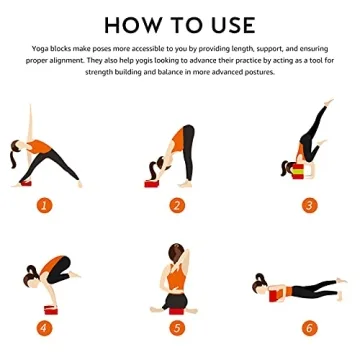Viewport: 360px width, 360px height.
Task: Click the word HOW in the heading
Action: pos(134,24)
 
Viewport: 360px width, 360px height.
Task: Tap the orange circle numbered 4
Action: pos(44,326)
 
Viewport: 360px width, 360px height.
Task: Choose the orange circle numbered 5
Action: pos(177,326)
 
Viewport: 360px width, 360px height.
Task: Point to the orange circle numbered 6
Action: pos(310,326)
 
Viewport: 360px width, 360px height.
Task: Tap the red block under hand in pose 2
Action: pos(152,183)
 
